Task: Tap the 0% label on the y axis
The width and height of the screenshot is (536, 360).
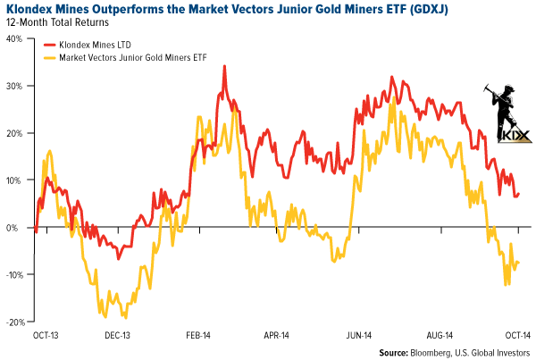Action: pyautogui.click(x=17, y=227)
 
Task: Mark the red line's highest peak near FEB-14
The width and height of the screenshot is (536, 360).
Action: pyautogui.click(x=223, y=66)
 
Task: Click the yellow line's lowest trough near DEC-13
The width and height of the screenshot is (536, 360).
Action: pyautogui.click(x=125, y=317)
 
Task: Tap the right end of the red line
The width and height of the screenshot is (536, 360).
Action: pyautogui.click(x=519, y=194)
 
